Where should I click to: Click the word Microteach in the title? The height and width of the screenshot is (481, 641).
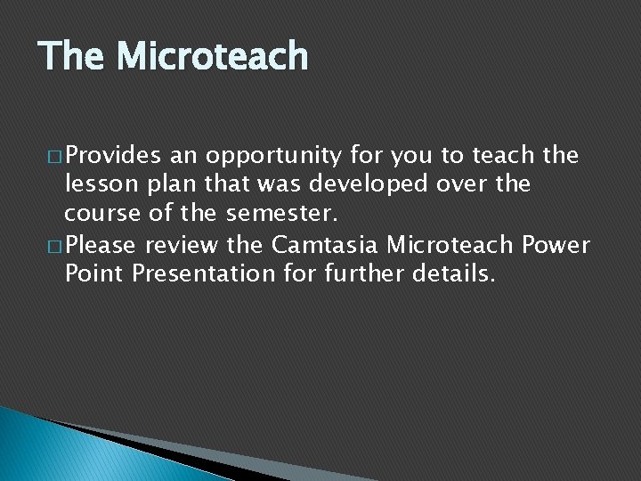coord(213,56)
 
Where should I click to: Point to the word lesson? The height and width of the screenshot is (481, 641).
coord(96,184)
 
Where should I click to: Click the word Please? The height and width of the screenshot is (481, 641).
coord(101,243)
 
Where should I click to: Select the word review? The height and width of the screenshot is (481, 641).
coord(180,243)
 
